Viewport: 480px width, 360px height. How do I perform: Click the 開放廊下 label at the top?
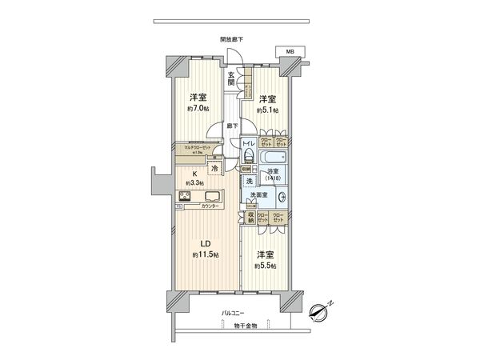[232, 38]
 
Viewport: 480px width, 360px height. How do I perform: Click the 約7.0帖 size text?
[199, 109]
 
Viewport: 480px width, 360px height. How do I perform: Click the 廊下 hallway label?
[230, 125]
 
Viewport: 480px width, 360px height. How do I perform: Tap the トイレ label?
[248, 142]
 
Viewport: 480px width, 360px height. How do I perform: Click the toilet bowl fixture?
[248, 155]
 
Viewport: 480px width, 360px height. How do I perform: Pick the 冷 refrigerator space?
[215, 169]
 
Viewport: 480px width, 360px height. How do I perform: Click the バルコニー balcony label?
[234, 313]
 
